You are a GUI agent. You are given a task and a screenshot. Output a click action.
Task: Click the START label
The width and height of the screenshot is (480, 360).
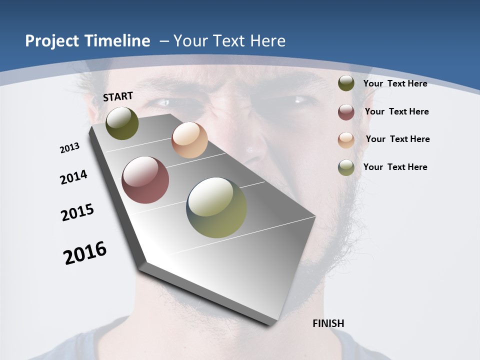pos(118,96)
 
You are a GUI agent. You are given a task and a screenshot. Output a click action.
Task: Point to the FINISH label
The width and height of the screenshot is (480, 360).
pos(328,323)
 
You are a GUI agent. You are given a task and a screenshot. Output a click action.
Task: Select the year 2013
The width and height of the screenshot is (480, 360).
pos(69,148)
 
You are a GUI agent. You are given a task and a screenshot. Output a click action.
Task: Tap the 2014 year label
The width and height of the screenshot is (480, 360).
pos(73,177)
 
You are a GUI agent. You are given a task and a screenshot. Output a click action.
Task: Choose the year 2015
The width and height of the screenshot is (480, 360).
pos(77,212)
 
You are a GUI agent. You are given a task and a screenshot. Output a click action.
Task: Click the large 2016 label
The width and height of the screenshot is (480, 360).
pos(85,252)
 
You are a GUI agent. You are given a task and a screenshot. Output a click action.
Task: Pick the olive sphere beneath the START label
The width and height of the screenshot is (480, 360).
pos(122,123)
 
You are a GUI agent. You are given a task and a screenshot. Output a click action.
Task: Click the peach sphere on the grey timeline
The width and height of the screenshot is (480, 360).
pos(189,140)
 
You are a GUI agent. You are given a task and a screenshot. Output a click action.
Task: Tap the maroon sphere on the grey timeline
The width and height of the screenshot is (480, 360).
pos(145,180)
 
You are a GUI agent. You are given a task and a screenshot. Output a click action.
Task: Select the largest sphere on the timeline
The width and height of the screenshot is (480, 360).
pos(216,207)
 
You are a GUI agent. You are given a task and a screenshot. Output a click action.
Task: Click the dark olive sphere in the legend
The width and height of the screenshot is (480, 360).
pos(346,83)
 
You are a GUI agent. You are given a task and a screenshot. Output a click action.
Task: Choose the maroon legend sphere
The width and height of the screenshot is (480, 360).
pos(346,112)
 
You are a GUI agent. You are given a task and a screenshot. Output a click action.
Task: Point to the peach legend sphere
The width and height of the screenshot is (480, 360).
pos(346,139)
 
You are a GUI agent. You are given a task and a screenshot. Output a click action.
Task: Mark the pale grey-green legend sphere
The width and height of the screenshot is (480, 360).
pos(346,167)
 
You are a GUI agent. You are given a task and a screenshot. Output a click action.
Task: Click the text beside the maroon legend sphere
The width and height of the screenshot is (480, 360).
pos(396,111)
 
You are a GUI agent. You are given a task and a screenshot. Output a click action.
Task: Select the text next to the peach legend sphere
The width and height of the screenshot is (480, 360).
pos(397,139)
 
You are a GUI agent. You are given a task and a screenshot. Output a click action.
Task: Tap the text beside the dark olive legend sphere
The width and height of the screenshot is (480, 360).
pos(395,83)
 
